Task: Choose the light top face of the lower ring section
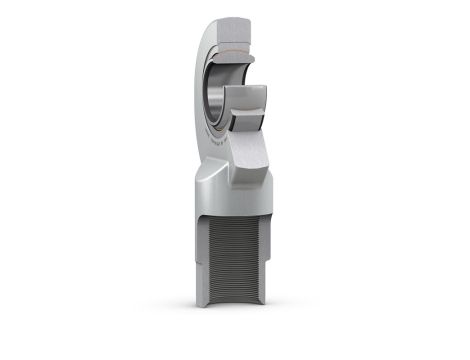[246, 96]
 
